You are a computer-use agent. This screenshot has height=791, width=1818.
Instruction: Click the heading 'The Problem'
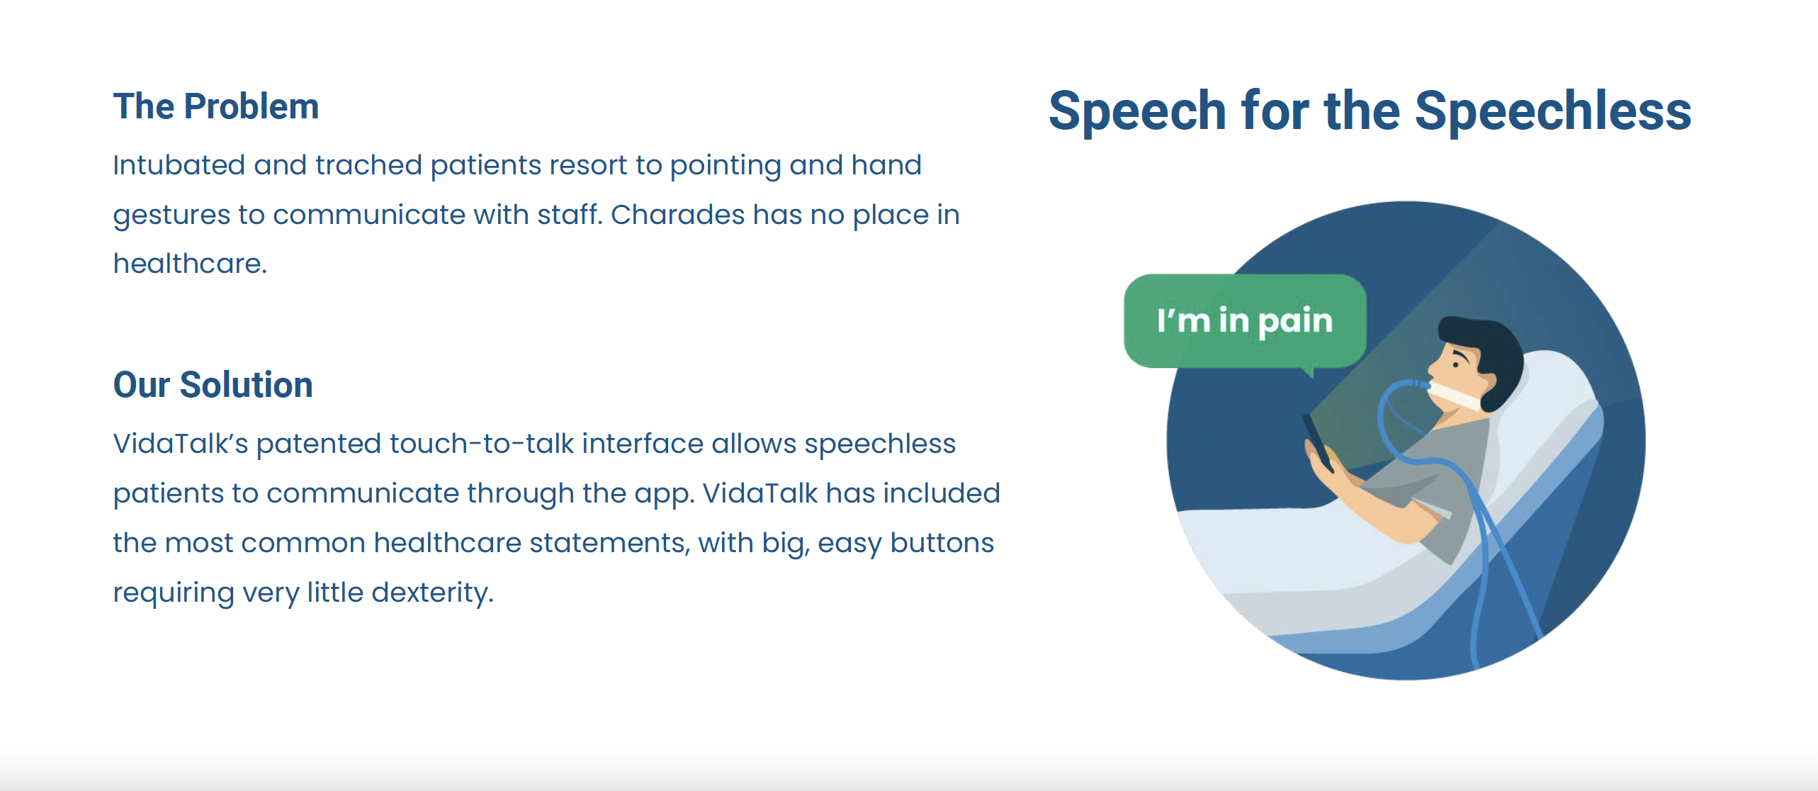coord(216,106)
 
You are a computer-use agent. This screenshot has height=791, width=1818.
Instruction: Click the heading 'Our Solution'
coord(213,385)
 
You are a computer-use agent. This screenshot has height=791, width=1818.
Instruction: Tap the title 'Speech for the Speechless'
coord(1370,111)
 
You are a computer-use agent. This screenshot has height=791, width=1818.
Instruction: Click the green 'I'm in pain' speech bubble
coord(1245,321)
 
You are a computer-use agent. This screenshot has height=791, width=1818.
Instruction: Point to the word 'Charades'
coord(677,215)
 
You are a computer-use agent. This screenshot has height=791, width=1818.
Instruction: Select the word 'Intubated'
coord(179,165)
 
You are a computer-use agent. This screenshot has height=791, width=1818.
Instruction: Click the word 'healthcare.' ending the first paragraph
coord(190,264)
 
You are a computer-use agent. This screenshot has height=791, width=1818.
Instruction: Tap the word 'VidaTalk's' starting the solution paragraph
coord(181,444)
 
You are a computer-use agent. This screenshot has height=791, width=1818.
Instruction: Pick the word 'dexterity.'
coord(432,593)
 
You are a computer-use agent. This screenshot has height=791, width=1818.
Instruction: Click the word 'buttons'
coord(942,543)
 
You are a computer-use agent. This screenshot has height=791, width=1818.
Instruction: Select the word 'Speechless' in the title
coord(1553,111)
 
